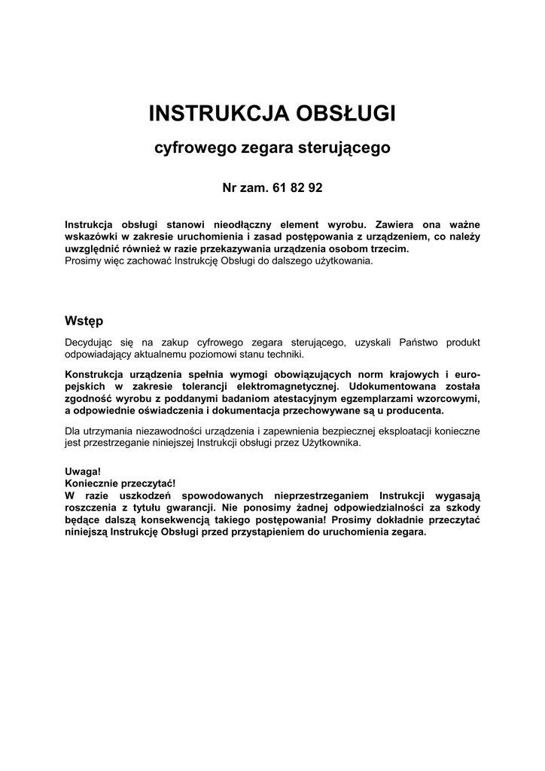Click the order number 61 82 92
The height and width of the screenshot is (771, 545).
pyautogui.click(x=298, y=187)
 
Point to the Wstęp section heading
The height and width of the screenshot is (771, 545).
pyautogui.click(x=84, y=321)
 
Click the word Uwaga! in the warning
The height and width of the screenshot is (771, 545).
pyautogui.click(x=83, y=471)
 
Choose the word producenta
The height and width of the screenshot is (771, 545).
pyautogui.click(x=413, y=411)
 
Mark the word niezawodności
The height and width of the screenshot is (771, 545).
pyautogui.click(x=162, y=431)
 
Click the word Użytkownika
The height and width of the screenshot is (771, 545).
pyautogui.click(x=328, y=443)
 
